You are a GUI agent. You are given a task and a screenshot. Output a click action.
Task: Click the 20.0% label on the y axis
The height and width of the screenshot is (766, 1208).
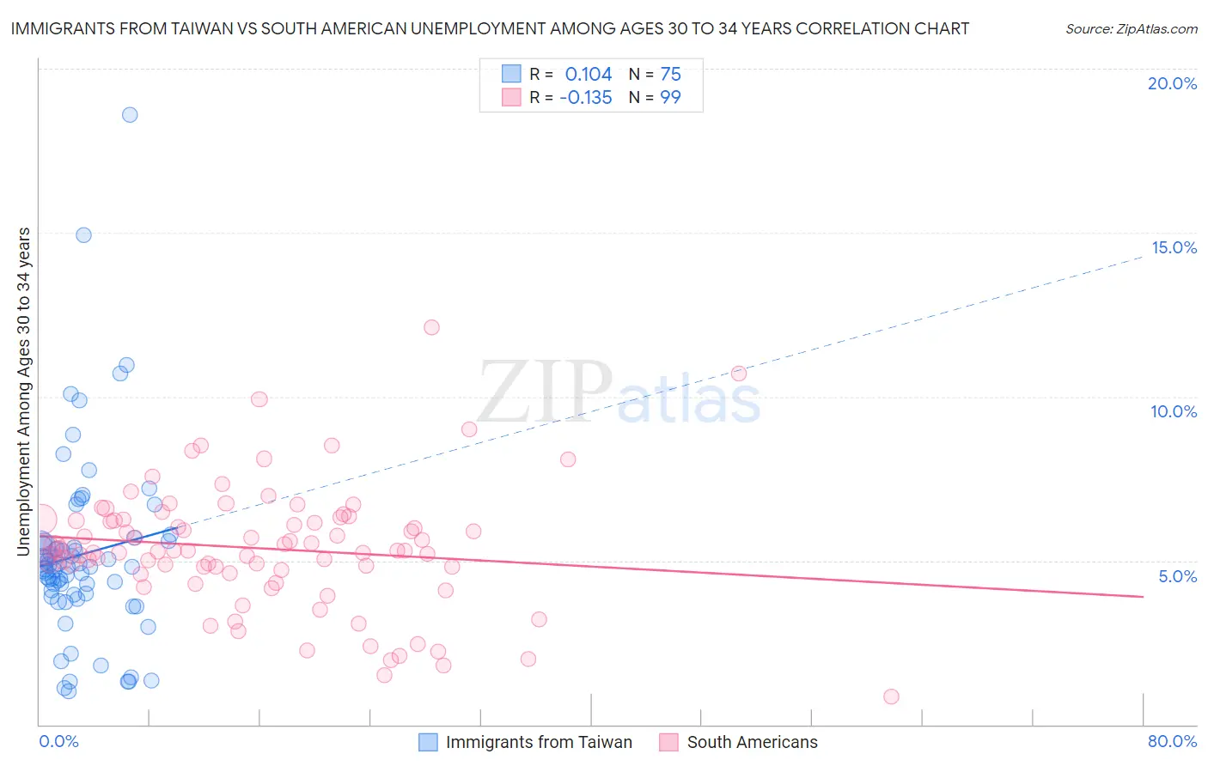1172,83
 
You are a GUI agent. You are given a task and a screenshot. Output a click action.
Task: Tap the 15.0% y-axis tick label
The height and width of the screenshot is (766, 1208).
1174,247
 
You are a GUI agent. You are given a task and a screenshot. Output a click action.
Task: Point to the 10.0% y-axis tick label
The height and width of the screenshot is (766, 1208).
1174,411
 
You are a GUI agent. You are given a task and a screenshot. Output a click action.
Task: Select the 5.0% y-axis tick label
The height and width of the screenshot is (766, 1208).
1177,576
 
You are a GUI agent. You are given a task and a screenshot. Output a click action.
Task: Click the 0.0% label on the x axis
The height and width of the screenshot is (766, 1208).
58,741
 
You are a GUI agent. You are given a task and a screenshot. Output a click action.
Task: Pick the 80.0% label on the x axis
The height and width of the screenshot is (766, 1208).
1172,741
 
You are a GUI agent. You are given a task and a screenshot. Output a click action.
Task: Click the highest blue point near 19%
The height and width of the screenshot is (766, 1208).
130,115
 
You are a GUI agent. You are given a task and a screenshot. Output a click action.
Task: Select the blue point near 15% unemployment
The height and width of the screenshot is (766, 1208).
83,235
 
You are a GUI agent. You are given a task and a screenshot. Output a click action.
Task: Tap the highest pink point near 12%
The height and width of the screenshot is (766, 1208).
431,327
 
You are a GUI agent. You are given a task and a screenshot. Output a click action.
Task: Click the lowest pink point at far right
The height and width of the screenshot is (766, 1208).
891,696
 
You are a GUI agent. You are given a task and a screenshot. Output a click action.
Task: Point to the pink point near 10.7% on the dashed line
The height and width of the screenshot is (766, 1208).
739,374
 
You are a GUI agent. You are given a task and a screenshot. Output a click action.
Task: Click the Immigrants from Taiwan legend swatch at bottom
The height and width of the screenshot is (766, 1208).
428,742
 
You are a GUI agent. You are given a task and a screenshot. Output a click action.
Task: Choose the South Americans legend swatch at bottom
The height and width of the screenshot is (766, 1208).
668,742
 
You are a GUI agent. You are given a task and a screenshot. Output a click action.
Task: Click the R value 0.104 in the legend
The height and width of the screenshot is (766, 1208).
588,75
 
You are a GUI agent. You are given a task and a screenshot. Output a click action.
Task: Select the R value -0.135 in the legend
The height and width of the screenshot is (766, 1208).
585,98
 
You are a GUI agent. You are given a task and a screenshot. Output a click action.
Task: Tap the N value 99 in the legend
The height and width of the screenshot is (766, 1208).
670,98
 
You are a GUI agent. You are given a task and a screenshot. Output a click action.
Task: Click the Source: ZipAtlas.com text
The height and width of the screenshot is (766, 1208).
1131,29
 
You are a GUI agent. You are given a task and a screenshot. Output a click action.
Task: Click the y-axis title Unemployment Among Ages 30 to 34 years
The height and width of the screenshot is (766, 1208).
24,391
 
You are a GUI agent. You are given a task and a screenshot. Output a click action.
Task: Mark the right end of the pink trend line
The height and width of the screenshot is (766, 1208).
1143,596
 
